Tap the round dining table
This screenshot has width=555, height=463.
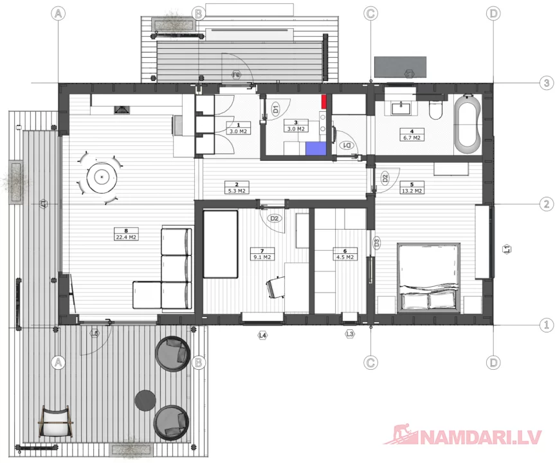[102, 175]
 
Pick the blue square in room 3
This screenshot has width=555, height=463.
[316, 148]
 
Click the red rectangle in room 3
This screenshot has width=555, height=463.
[325, 101]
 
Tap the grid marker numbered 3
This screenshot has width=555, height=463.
[546, 83]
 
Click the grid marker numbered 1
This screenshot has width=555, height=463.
[546, 325]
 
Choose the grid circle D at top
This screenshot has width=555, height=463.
[493, 13]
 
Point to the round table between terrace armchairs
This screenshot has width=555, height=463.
[145, 399]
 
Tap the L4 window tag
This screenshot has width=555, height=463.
[262, 335]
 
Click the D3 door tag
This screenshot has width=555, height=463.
[377, 242]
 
